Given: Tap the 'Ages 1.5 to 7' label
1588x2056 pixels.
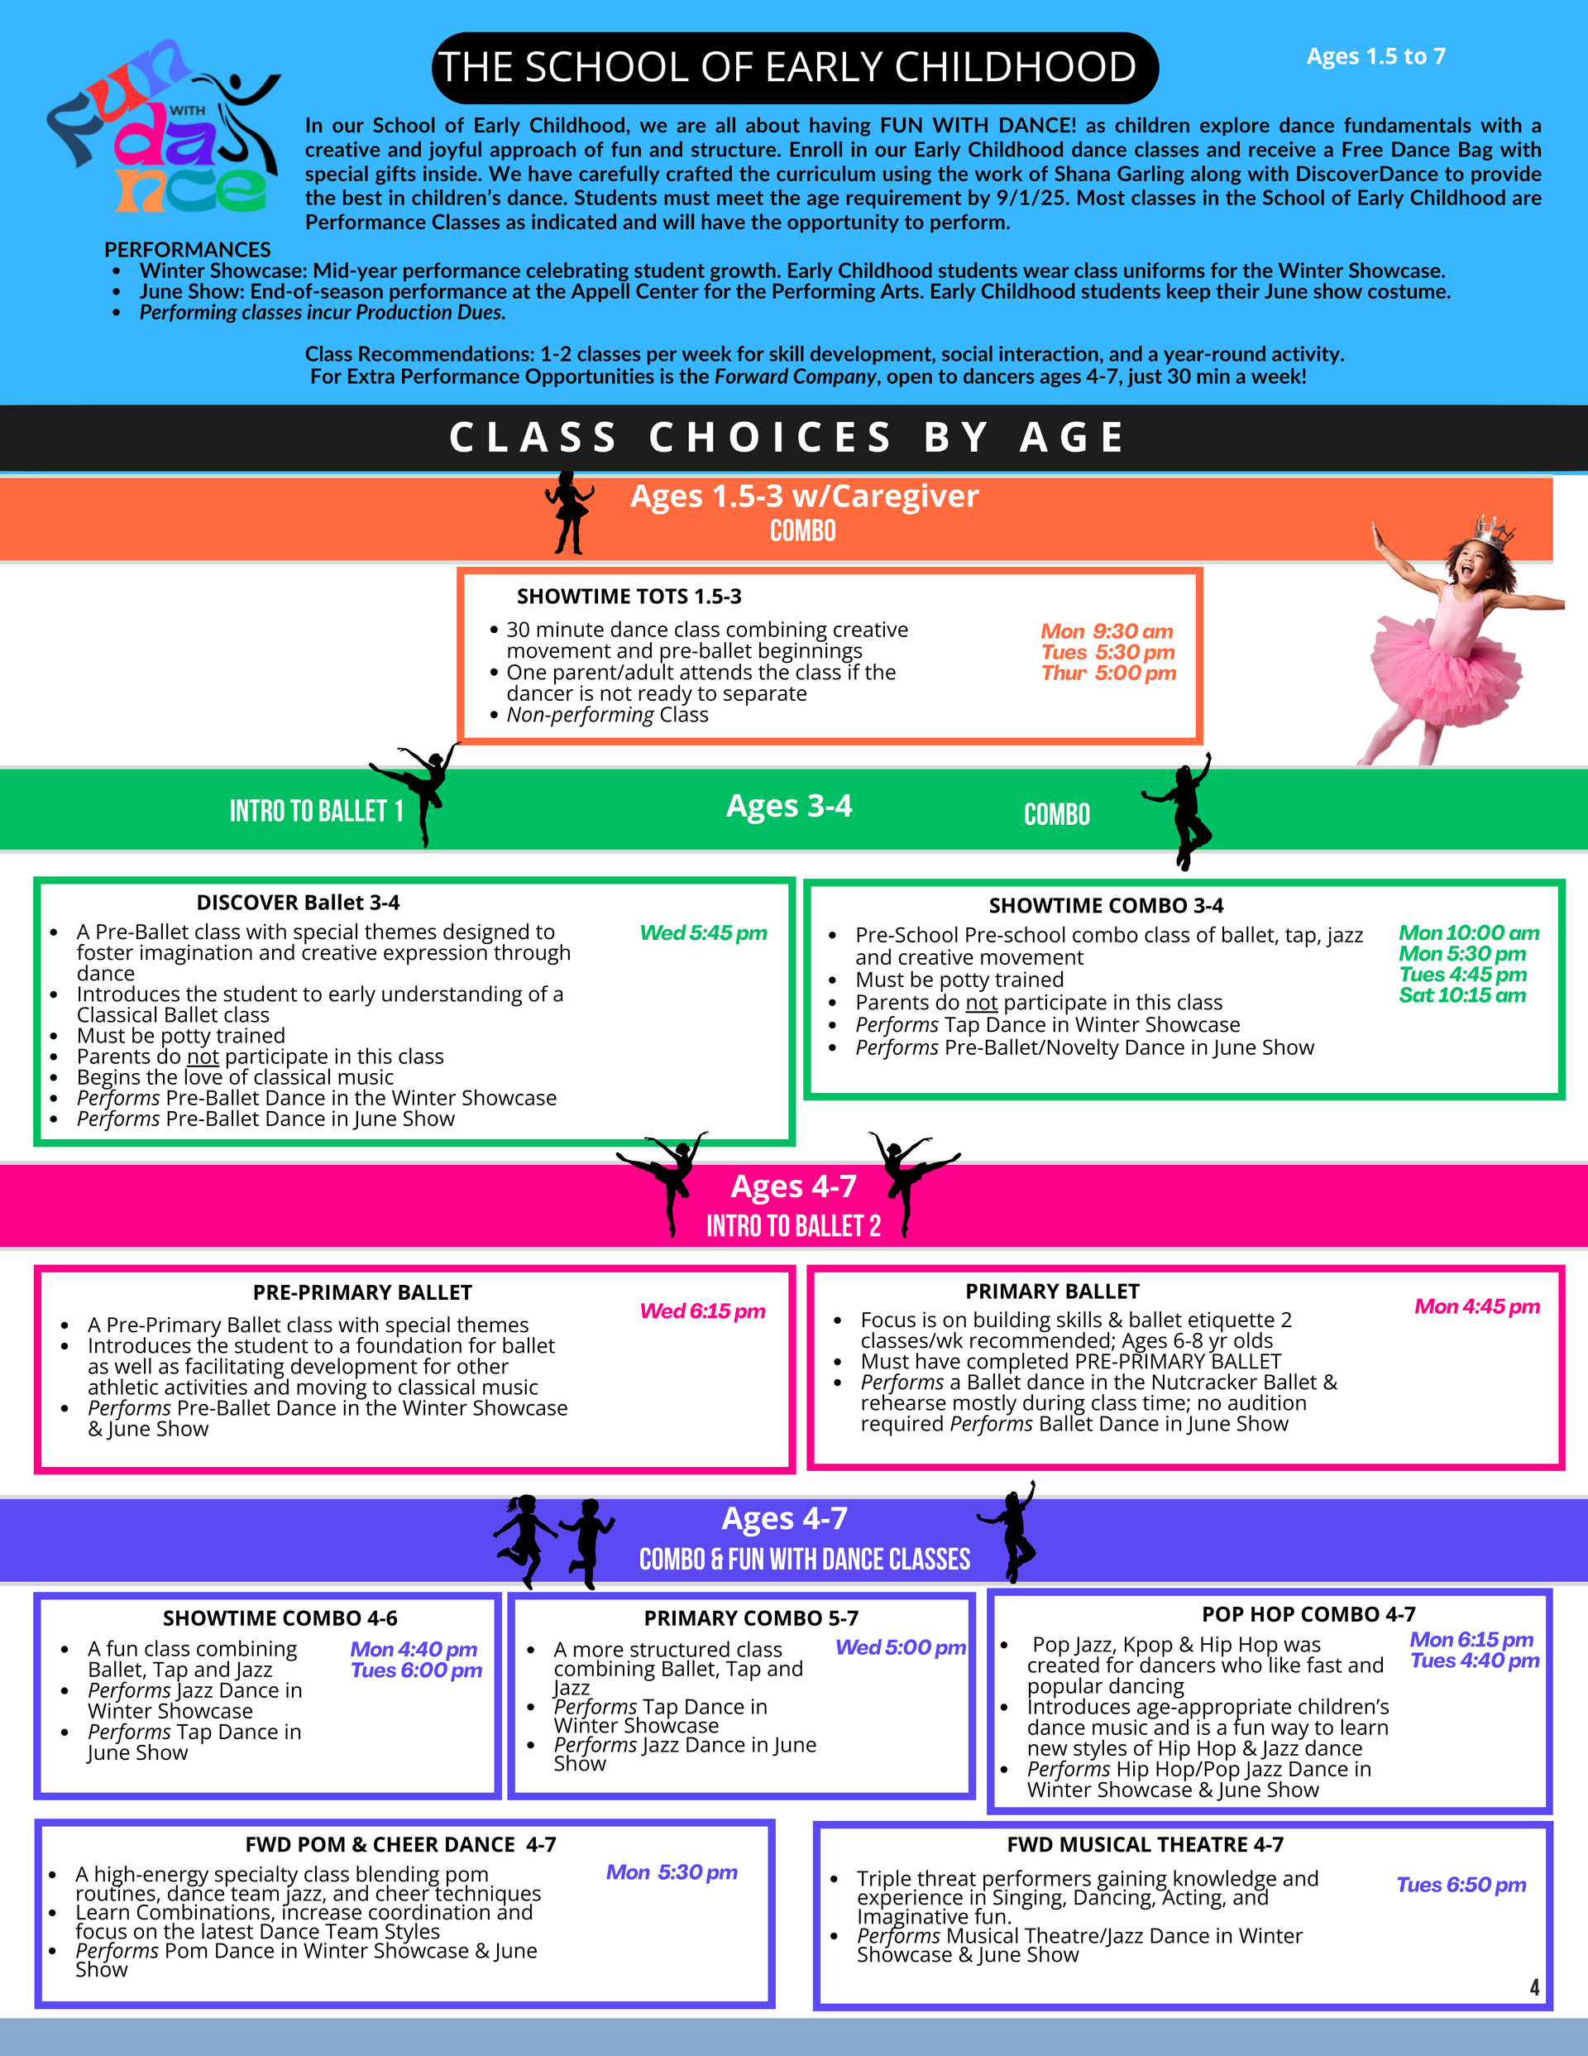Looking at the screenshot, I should tap(1375, 56).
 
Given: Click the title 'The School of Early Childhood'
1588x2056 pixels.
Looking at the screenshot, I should tap(793, 68).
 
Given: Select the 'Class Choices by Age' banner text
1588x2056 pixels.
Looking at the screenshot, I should tap(788, 438).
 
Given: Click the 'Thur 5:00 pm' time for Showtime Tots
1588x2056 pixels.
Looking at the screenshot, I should tap(1108, 673).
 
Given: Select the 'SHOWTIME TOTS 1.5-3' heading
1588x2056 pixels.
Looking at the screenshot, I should tap(629, 597).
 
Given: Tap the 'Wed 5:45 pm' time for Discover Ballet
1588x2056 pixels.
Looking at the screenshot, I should tap(703, 933).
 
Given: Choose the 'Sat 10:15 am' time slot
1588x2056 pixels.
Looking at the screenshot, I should tap(1461, 995).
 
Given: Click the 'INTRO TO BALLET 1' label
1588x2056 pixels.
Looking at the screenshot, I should tap(316, 812).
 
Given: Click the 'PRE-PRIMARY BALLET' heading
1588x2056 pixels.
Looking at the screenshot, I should tap(362, 1292).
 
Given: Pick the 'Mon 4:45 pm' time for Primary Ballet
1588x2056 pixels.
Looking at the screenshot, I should tap(1476, 1306).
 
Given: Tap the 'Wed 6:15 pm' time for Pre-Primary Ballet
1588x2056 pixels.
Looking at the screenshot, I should tap(702, 1311).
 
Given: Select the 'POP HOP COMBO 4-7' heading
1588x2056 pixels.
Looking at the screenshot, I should tap(1308, 1614).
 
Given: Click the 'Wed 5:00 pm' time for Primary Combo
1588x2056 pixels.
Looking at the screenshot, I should tap(900, 1647).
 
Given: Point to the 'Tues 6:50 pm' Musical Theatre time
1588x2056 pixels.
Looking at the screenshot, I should tap(1460, 1885).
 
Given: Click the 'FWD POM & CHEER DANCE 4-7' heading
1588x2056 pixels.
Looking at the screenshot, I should tap(400, 1844).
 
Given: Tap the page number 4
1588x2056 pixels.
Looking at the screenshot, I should tap(1533, 1987).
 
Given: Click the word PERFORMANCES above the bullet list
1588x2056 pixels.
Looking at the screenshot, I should tap(187, 250).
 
